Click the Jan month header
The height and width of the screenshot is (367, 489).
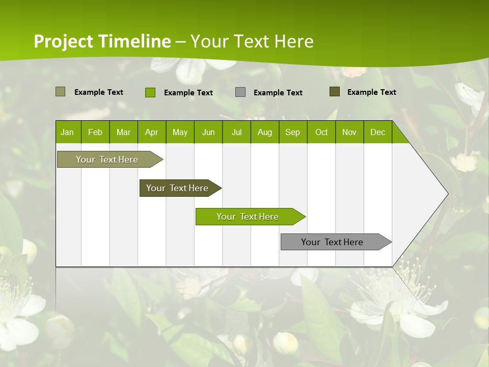click(x=67, y=132)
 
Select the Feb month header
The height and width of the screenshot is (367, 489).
click(x=95, y=132)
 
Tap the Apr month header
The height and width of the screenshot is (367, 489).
click(x=151, y=132)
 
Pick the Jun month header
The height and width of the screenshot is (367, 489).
click(x=208, y=132)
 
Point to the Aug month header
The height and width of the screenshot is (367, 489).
click(x=264, y=132)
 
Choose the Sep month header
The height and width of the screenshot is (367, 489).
click(x=292, y=132)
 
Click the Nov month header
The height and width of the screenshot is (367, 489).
click(x=349, y=132)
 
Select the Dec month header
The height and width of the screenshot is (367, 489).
click(x=377, y=132)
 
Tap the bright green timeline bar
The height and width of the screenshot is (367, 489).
click(x=248, y=217)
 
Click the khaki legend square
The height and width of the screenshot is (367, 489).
click(x=60, y=92)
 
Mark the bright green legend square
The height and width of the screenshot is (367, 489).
click(x=150, y=92)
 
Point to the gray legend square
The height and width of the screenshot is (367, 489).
click(x=240, y=92)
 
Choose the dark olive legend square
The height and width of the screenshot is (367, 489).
click(x=334, y=92)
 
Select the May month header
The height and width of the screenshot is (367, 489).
click(x=180, y=132)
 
